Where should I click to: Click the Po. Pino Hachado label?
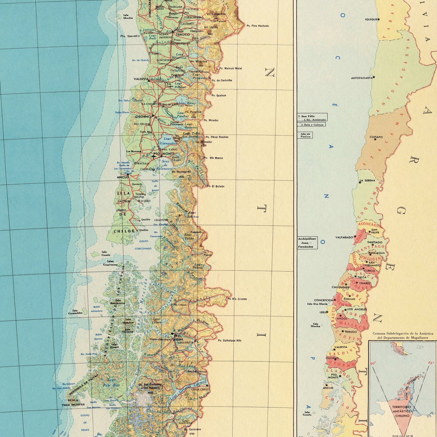pos(258,26)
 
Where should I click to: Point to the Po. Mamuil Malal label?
pos(230,69)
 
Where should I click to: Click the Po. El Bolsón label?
pos(215,186)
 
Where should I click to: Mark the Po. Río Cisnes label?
pos(237,299)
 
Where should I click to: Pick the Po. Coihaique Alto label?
pos(230,340)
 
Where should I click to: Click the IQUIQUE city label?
pos(371,19)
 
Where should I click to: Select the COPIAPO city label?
pos(376,137)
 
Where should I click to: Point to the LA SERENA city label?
pos(367,181)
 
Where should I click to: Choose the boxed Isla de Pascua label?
pos(306,135)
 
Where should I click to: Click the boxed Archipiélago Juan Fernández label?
pos(307,243)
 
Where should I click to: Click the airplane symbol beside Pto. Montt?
pos(153,156)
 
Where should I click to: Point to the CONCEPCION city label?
pos(324,301)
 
